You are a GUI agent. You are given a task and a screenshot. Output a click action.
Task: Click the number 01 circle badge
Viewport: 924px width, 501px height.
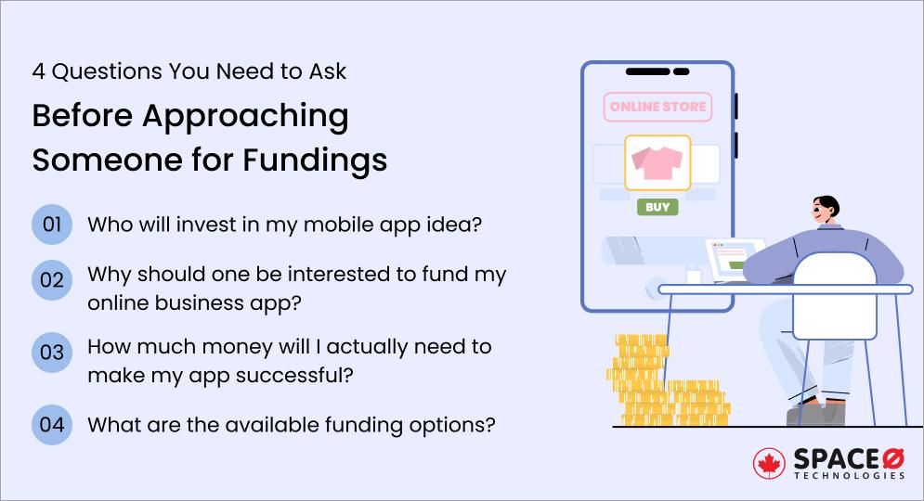click(52, 225)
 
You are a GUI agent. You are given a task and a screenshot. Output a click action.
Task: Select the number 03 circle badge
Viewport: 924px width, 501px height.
click(52, 353)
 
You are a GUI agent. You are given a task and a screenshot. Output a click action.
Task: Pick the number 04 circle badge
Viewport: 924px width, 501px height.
click(52, 425)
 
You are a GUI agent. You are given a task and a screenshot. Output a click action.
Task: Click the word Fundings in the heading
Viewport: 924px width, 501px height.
click(315, 160)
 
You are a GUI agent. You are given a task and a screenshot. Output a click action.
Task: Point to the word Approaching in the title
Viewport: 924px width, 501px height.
click(244, 117)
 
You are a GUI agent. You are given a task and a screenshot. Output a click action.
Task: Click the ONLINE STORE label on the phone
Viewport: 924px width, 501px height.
click(657, 107)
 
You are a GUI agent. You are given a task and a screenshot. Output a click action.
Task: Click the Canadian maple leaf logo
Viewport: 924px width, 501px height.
click(769, 464)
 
